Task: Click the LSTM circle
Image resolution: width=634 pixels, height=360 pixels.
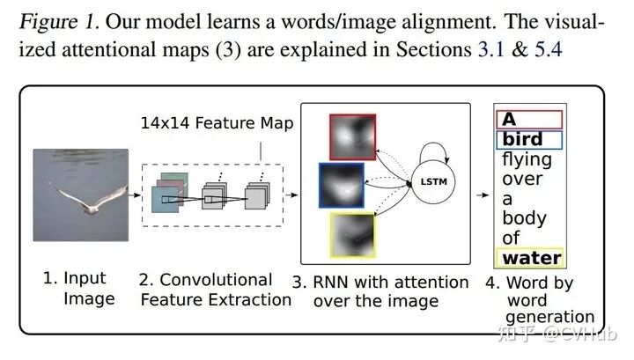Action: (x=431, y=181)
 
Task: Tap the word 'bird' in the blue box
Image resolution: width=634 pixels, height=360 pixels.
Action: (x=522, y=139)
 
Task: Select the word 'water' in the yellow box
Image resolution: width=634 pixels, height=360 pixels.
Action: (x=531, y=258)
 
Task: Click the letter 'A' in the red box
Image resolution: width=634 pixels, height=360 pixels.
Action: (x=510, y=120)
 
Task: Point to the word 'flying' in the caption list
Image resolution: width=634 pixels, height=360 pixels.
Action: (x=527, y=159)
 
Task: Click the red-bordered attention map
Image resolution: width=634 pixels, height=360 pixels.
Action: (x=352, y=137)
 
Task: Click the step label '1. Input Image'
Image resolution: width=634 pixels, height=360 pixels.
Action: (x=79, y=288)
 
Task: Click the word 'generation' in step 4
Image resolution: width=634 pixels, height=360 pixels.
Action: (x=551, y=317)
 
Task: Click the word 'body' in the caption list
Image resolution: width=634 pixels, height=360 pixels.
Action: (x=524, y=218)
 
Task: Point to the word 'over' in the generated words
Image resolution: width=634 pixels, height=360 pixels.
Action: (x=522, y=180)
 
